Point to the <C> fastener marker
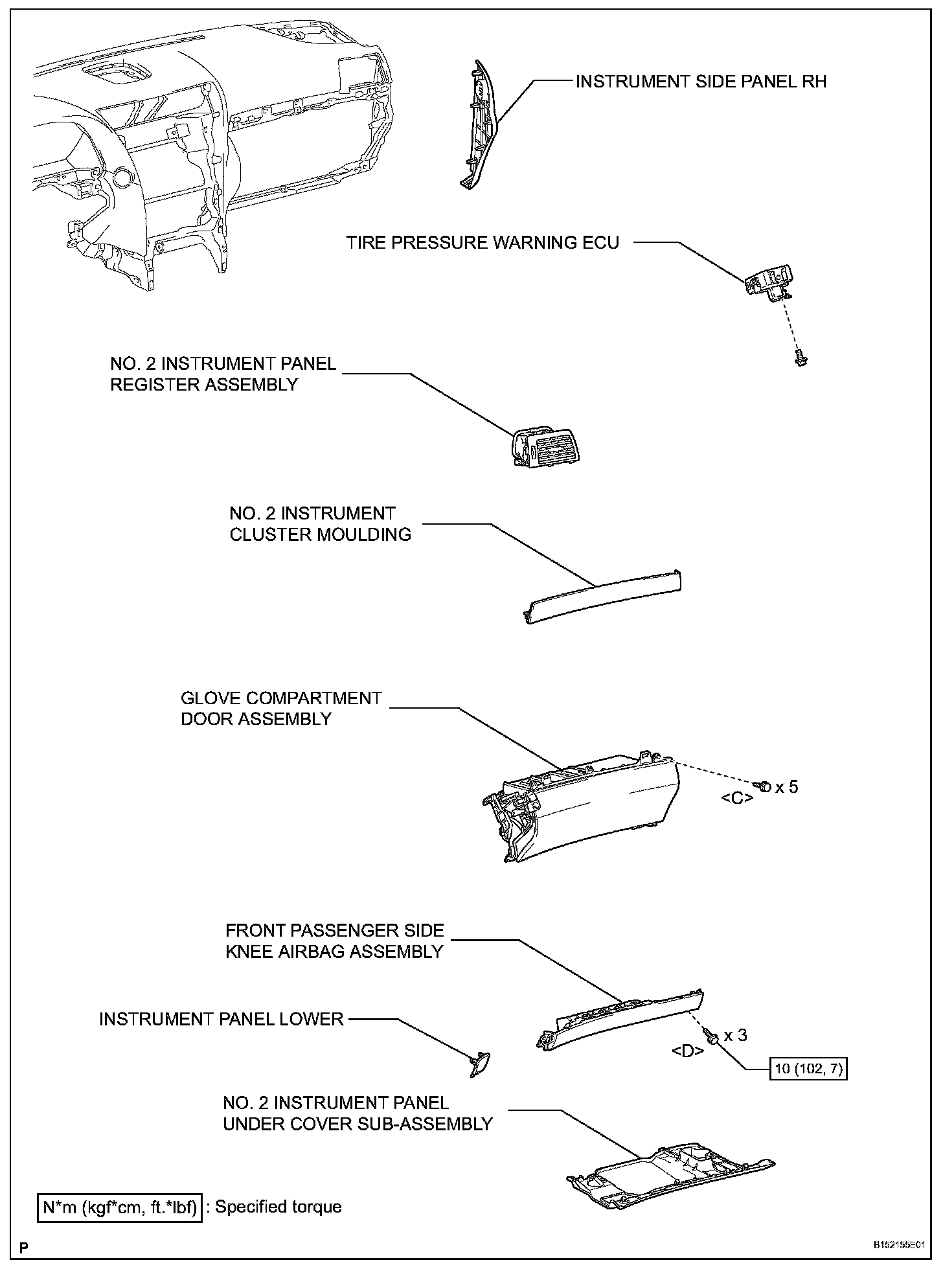pos(737,798)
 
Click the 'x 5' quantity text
pos(787,786)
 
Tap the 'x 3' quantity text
pos(735,1035)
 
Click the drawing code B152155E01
pos(897,1245)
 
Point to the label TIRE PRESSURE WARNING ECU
pos(483,243)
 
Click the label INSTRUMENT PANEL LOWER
pos(221,1019)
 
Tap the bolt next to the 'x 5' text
pos(764,786)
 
